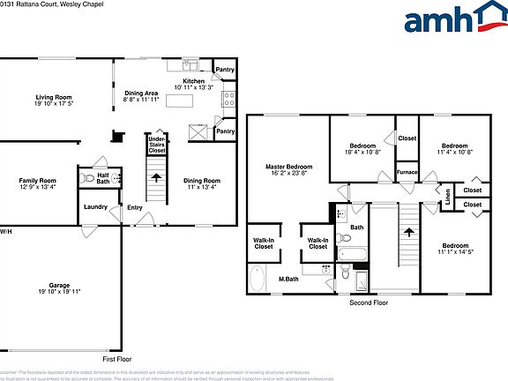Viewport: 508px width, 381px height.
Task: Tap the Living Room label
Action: point(53,101)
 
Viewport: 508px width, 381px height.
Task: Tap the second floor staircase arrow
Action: point(408,233)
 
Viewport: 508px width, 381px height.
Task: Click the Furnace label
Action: point(407,172)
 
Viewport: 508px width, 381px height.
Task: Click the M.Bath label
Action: point(289,280)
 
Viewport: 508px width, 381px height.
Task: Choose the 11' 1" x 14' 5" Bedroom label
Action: point(455,249)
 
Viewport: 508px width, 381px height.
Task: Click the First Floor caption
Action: point(117,360)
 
